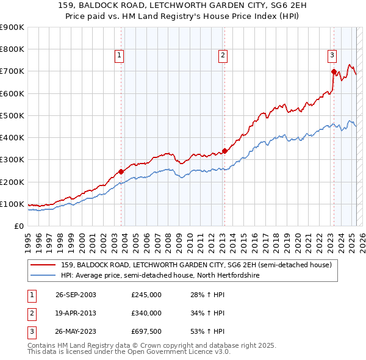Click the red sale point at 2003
(121, 171)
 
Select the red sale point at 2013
(224, 151)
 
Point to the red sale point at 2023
(334, 71)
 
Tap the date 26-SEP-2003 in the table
(76, 295)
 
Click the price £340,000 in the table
(146, 313)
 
